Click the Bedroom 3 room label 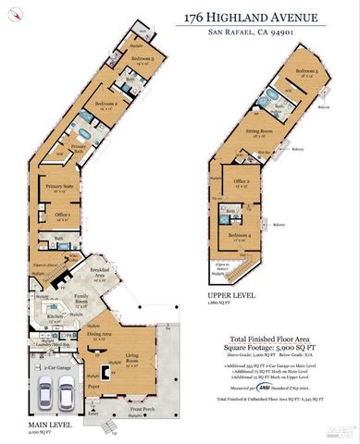click(142, 59)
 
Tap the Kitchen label click(53, 316)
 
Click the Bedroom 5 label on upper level click(306, 71)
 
